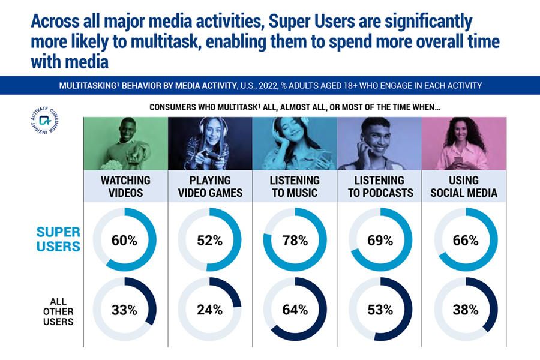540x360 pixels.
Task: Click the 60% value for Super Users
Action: pos(125,241)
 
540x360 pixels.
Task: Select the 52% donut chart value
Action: pos(210,241)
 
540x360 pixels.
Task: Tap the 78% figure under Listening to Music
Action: pos(295,241)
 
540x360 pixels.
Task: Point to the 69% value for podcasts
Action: pos(380,241)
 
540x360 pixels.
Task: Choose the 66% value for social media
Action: pos(466,241)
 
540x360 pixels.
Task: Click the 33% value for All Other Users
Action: pos(125,310)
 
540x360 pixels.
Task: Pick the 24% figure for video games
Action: pos(210,310)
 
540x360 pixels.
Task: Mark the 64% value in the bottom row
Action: pos(295,310)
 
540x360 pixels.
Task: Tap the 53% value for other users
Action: pos(380,310)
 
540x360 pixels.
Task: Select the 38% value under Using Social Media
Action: pos(466,310)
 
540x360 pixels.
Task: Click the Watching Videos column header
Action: pos(125,186)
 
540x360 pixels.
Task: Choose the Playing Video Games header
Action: pos(210,186)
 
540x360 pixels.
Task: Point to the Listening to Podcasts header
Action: pos(380,186)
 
